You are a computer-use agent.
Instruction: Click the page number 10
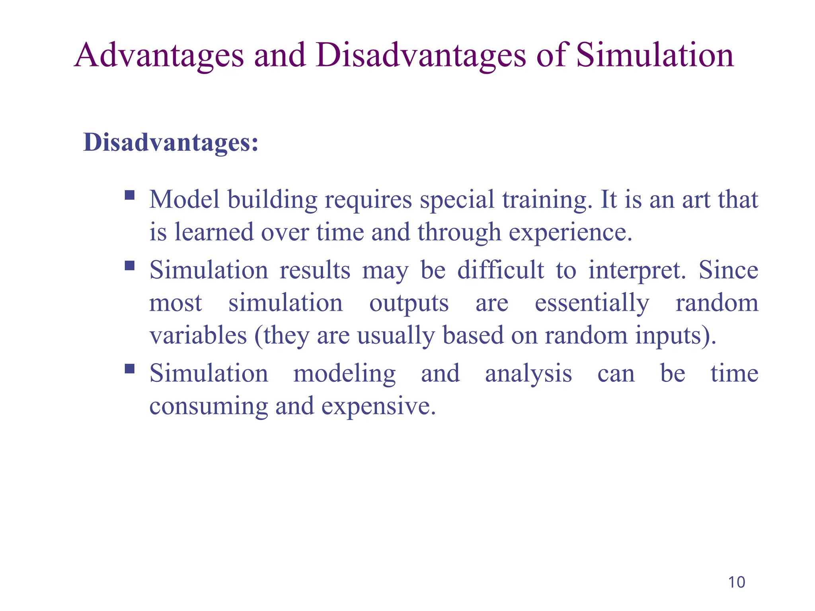(x=736, y=582)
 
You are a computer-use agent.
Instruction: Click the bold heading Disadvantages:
(x=171, y=142)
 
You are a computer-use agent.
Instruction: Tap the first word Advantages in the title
(x=159, y=55)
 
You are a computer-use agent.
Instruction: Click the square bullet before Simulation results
(x=130, y=265)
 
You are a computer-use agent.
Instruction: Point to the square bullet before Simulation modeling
(x=130, y=369)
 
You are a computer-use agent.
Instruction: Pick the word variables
(x=198, y=335)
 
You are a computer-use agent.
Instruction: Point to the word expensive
(x=378, y=407)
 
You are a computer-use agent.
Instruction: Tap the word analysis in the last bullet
(x=528, y=374)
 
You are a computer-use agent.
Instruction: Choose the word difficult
(x=500, y=270)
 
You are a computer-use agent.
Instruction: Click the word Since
(x=728, y=270)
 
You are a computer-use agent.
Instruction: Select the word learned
(x=214, y=232)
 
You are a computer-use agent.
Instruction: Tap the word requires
(x=368, y=200)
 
